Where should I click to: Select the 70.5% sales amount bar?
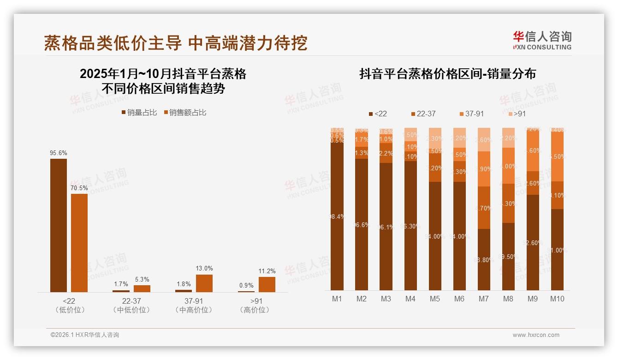point(79,243)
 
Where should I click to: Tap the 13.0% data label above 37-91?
point(204,269)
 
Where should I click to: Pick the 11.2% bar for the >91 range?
point(267,284)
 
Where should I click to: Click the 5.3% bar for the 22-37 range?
point(142,288)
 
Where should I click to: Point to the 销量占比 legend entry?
point(139,113)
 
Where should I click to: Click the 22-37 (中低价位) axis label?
point(131,306)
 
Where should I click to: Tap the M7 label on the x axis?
point(483,299)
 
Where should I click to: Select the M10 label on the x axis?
point(557,299)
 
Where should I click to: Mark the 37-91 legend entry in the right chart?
point(471,114)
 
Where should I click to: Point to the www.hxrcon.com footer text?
point(536,335)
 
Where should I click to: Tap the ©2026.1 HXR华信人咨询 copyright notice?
point(84,335)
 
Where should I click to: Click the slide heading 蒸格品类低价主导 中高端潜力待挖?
point(175,43)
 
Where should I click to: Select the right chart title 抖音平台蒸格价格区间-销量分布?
point(447,74)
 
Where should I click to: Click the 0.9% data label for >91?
point(246,286)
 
